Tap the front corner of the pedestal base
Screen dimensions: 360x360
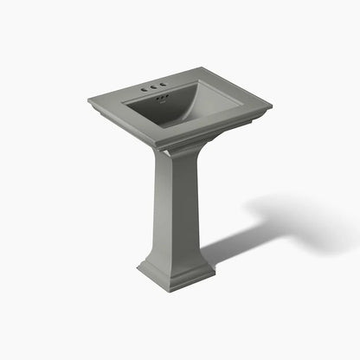tap(164, 289)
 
